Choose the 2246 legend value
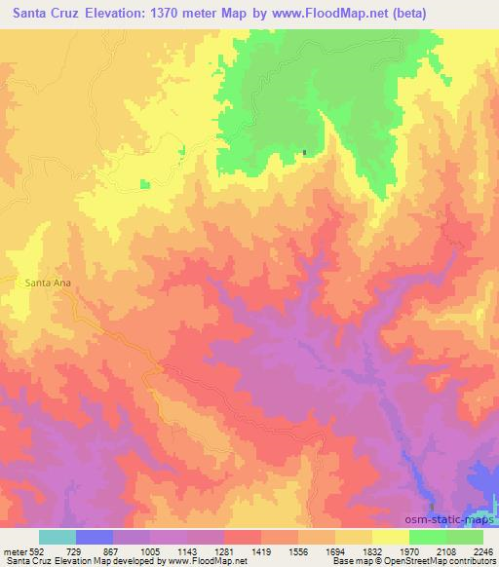483,550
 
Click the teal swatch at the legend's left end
58,537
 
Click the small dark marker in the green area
304,152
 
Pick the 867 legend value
111,550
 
